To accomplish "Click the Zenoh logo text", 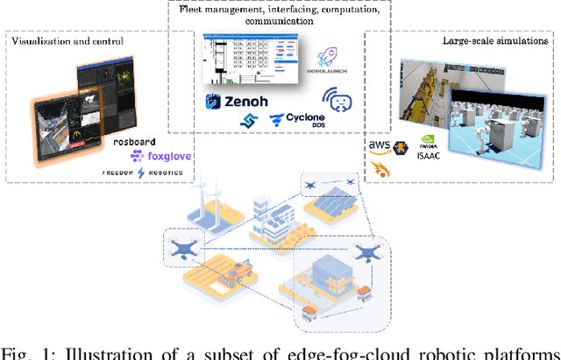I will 241,102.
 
